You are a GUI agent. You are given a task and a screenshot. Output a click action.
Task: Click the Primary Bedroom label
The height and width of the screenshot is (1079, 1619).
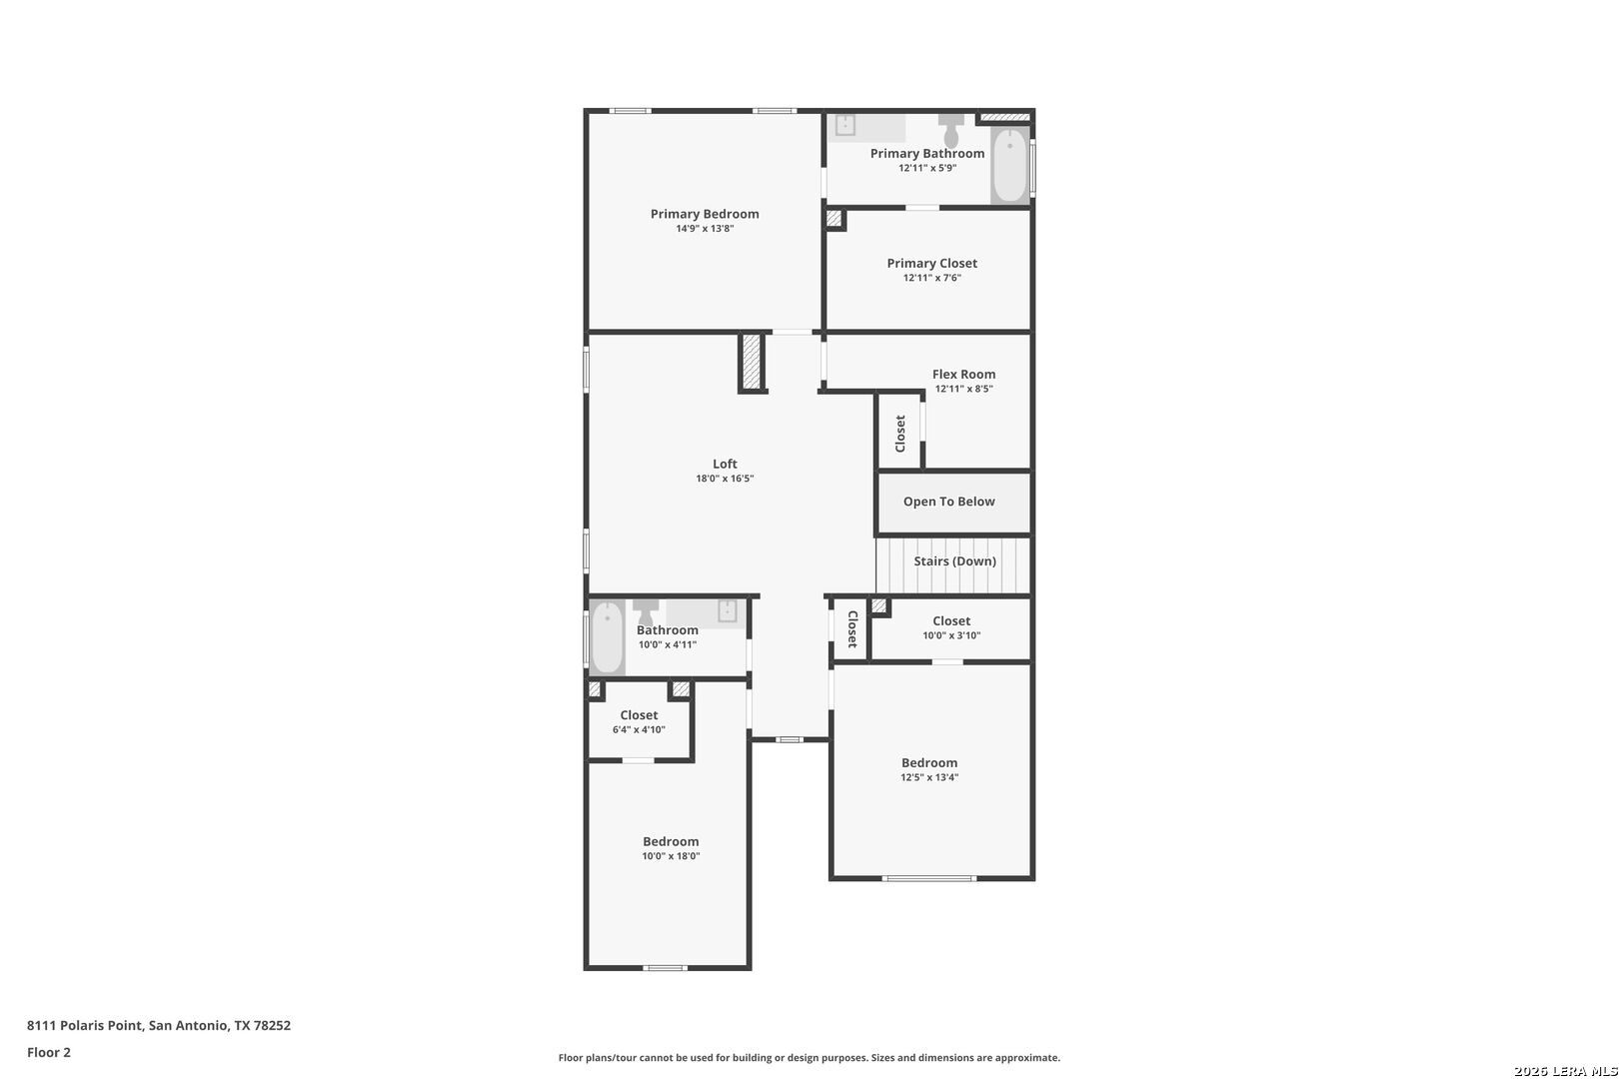705,214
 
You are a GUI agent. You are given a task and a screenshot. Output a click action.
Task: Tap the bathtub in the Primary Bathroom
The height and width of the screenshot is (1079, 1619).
1009,166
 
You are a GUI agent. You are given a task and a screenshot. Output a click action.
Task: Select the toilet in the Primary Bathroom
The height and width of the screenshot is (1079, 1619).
951,129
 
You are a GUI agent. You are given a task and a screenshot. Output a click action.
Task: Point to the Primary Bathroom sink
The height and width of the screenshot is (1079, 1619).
844,125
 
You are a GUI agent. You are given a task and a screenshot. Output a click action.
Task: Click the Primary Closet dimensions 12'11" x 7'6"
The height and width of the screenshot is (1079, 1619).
931,278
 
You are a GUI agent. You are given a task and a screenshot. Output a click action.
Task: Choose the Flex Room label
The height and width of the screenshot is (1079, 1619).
963,375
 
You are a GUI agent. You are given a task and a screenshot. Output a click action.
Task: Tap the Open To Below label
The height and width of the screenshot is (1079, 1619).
949,502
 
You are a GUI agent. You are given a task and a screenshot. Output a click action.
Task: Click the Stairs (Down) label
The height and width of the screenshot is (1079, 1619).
954,561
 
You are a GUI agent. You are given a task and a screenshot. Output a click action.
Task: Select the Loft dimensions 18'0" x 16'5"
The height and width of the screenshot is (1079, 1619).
725,479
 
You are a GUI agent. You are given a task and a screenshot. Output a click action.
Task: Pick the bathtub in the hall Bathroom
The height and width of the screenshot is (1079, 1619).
608,637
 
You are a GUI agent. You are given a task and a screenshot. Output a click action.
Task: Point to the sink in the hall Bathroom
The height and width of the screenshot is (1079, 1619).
728,610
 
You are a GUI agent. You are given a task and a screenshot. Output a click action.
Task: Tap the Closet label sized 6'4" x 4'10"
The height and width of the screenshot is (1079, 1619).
639,715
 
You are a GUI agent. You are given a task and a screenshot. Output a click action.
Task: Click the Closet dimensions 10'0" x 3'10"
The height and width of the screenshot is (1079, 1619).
951,636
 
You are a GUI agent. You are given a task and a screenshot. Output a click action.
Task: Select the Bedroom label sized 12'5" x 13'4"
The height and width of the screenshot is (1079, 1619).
929,763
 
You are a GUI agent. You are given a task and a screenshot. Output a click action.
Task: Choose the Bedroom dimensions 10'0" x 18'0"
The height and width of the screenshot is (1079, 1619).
671,856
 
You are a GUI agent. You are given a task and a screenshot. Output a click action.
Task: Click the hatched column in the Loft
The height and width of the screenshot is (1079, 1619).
752,363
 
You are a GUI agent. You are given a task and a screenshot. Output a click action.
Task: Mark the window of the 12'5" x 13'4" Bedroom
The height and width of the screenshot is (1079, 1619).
928,879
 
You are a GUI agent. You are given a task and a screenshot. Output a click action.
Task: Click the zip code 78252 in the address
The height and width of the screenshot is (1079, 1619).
272,1025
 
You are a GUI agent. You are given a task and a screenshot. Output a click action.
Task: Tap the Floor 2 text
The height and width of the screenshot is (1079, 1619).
49,1053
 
